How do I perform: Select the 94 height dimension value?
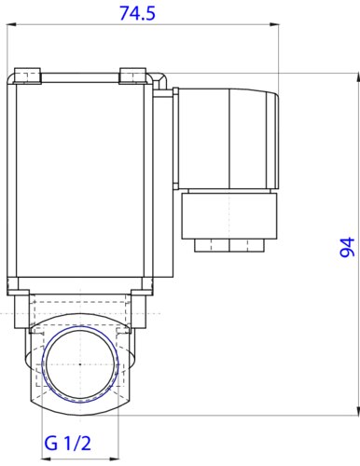pyautogui.click(x=346, y=248)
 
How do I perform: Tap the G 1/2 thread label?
pyautogui.click(x=67, y=442)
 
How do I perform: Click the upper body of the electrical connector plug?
pyautogui.click(x=227, y=141)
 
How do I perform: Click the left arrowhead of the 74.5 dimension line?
pyautogui.click(x=11, y=28)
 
